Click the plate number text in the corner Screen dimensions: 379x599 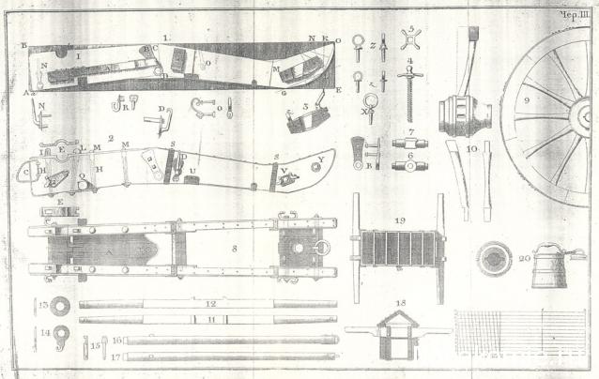[x=571, y=14]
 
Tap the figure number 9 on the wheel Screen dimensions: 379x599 [x=554, y=99]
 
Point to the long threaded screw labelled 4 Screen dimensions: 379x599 [x=410, y=89]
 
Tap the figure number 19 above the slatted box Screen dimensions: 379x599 [x=400, y=220]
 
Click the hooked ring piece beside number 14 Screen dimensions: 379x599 [x=61, y=333]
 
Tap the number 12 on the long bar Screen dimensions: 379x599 [x=210, y=305]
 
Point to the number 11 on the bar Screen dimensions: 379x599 [x=210, y=319]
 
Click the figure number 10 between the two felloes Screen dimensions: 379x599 [x=471, y=148]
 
